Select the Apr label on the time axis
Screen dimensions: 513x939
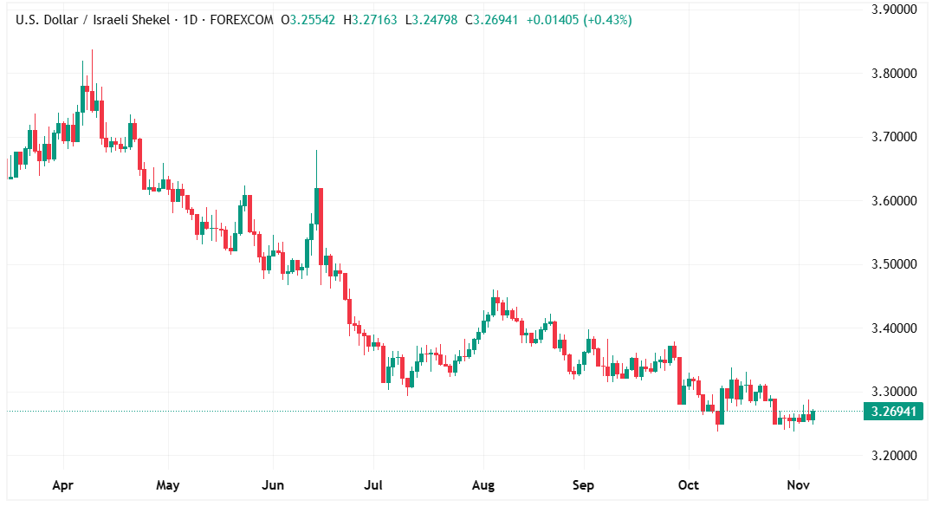pos(62,485)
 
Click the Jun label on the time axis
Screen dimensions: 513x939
pos(273,485)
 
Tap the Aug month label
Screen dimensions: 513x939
pos(482,485)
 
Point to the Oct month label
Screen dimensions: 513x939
pos(689,485)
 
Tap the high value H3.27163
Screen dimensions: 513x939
pos(372,19)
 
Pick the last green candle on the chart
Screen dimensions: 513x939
pos(812,415)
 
